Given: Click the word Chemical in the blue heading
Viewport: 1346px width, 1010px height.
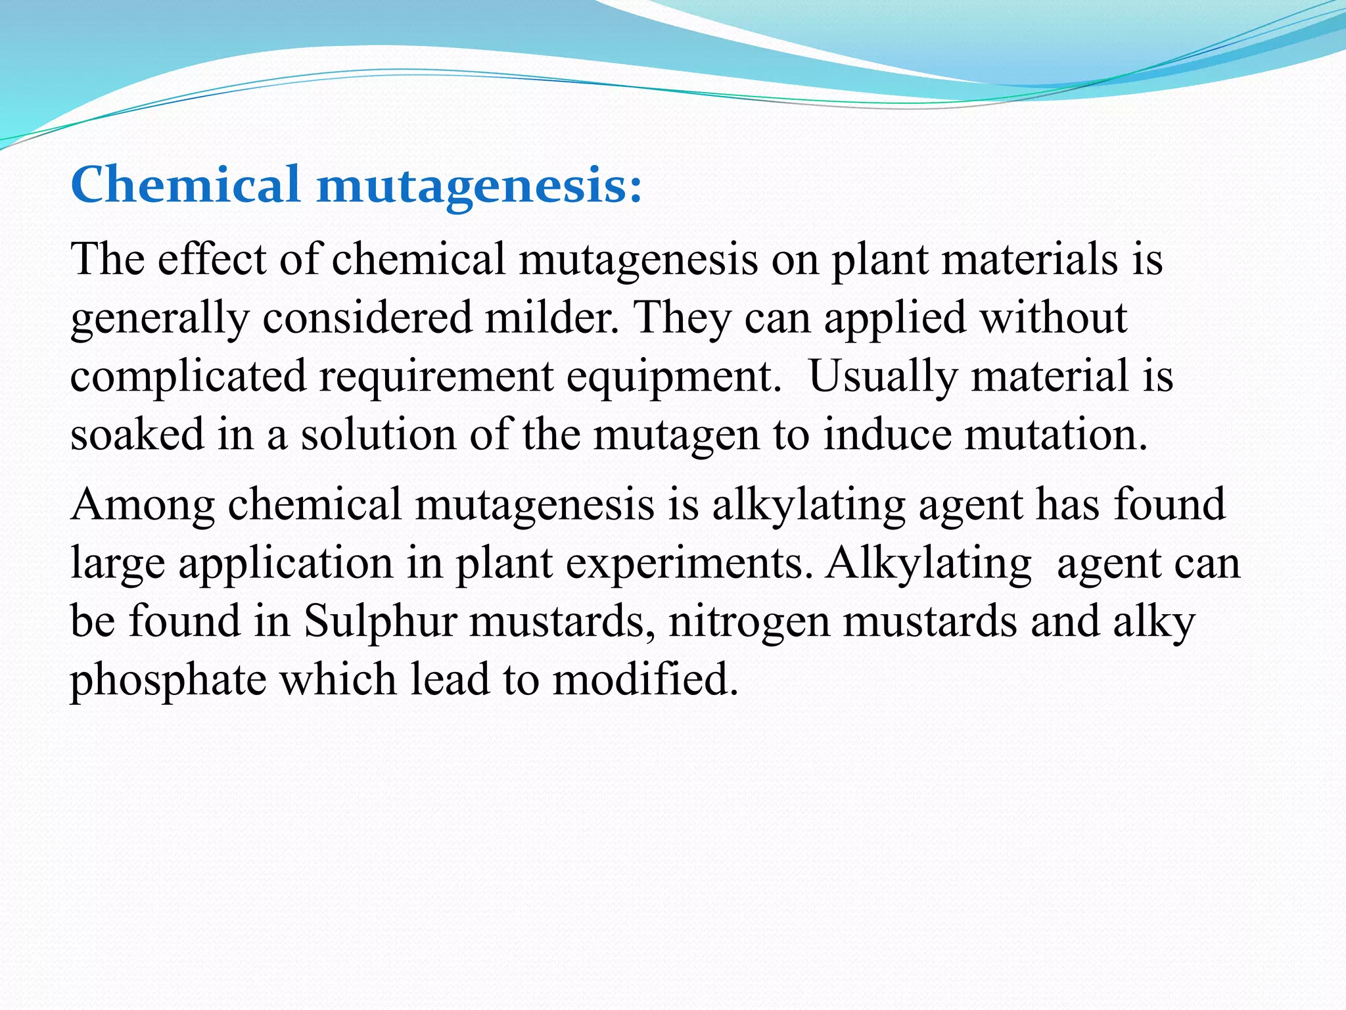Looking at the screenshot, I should (185, 185).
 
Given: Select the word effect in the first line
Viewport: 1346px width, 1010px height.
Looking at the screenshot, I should (211, 258).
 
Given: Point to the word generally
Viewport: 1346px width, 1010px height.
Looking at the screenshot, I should (159, 318).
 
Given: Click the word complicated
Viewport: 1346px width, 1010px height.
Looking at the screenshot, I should (188, 376).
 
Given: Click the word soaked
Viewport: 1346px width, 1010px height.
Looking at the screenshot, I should (137, 435).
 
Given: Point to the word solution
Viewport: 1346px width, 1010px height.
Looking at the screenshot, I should (378, 435).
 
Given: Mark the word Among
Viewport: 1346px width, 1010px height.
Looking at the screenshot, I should (143, 505).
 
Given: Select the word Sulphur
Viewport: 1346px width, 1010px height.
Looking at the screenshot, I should (380, 621).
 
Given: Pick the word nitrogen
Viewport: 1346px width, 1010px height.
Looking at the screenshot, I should (749, 622).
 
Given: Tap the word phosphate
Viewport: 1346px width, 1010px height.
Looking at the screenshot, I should (168, 680).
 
